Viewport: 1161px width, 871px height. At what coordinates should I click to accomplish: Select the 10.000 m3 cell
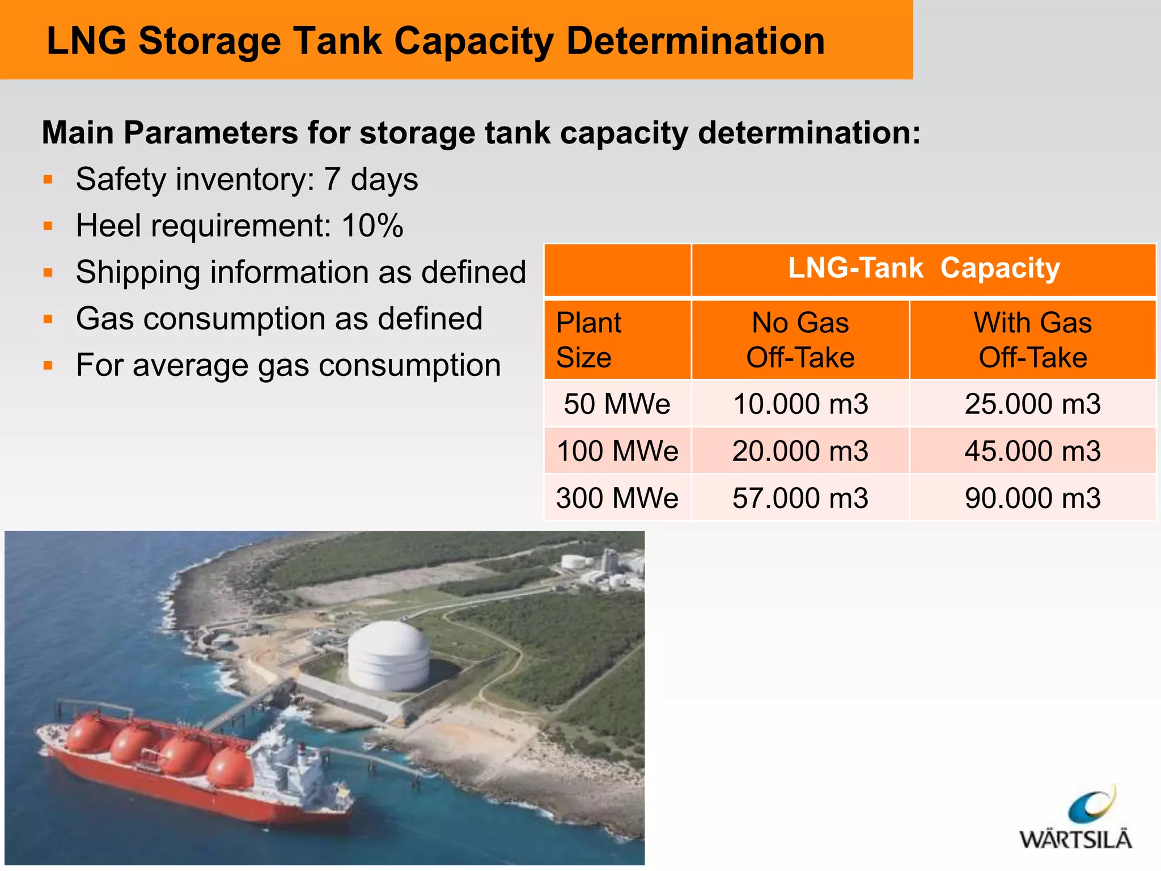click(x=800, y=404)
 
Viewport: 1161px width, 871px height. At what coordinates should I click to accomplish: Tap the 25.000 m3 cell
click(x=1032, y=404)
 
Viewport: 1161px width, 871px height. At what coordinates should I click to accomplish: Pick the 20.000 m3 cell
click(x=800, y=451)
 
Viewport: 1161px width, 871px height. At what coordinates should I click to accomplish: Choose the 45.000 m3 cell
click(x=1032, y=451)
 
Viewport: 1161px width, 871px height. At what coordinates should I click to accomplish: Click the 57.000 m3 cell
click(x=800, y=498)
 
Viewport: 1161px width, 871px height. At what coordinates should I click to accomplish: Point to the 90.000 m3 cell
click(x=1032, y=498)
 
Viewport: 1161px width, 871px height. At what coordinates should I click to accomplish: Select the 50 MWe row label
click(x=617, y=404)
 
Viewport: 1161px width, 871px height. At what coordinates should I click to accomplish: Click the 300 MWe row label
click(x=617, y=498)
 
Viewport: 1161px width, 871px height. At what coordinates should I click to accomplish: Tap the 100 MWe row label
click(x=617, y=451)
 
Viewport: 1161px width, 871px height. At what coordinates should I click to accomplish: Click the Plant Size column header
click(x=589, y=340)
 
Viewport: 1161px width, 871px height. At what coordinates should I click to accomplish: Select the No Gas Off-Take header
click(x=800, y=340)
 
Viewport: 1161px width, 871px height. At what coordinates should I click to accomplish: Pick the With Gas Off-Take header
click(x=1032, y=340)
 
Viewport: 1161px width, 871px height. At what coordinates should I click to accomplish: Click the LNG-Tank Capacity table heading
click(x=923, y=268)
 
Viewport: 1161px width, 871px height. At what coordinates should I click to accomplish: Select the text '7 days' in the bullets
click(x=371, y=179)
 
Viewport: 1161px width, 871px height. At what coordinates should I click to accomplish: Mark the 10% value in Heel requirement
click(x=372, y=226)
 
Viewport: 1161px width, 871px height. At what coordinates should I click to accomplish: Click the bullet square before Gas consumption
click(x=48, y=319)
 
